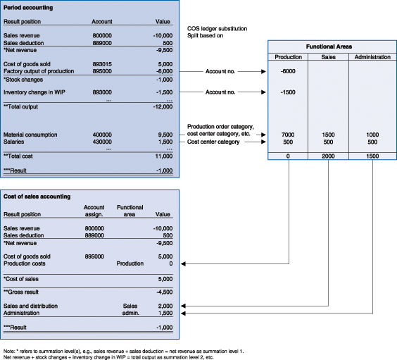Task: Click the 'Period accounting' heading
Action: (x=28, y=8)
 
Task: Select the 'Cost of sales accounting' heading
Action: (x=37, y=197)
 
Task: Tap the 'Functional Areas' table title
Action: (x=329, y=46)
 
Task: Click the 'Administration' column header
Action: (x=372, y=57)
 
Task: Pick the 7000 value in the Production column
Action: (x=288, y=135)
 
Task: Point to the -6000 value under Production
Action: (x=288, y=71)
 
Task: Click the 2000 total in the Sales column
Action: (x=328, y=156)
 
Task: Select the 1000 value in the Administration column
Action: (x=372, y=135)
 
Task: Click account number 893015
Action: (x=102, y=64)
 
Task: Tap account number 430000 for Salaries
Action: (x=102, y=142)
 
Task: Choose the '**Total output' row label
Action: (x=20, y=106)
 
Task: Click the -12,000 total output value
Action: (x=163, y=106)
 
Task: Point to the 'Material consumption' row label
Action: (x=30, y=135)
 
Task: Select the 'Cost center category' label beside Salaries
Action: (x=213, y=142)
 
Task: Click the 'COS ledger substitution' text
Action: (x=217, y=29)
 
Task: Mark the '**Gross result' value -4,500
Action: (x=165, y=292)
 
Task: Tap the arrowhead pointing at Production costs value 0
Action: (x=183, y=263)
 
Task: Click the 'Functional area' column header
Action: (x=130, y=211)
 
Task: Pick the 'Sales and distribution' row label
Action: (x=30, y=306)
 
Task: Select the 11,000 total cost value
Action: (x=164, y=156)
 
